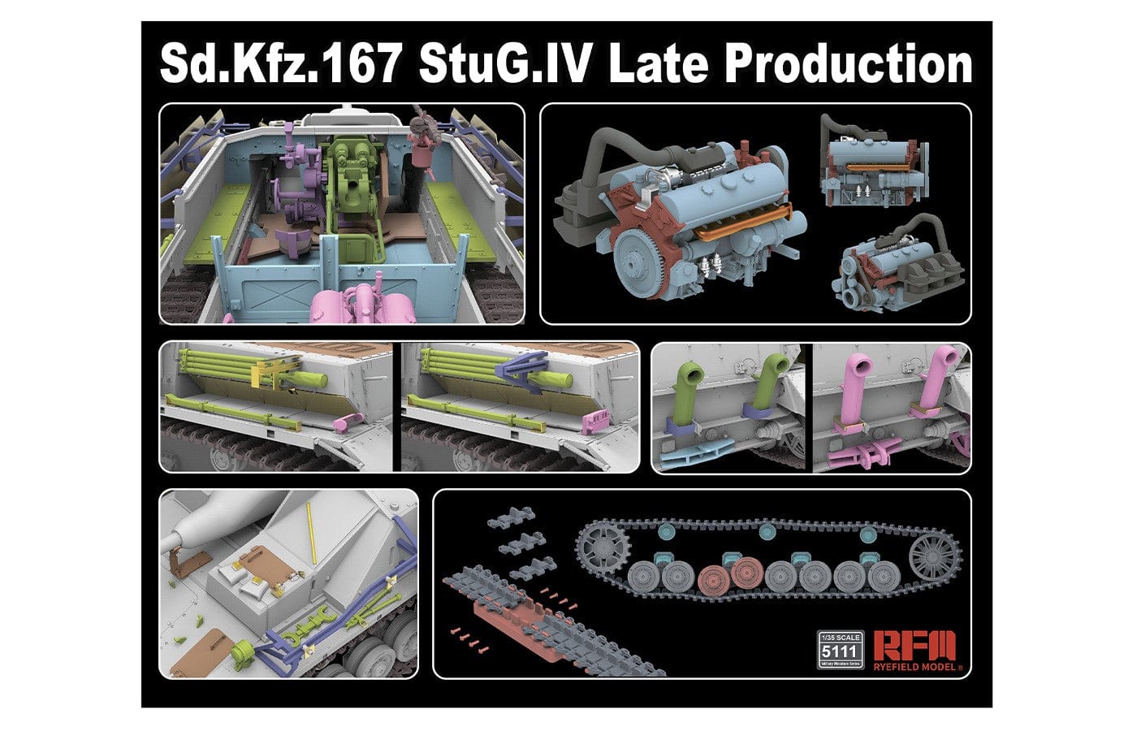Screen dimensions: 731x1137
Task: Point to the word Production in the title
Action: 849,63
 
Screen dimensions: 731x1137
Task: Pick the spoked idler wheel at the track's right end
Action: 934,556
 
